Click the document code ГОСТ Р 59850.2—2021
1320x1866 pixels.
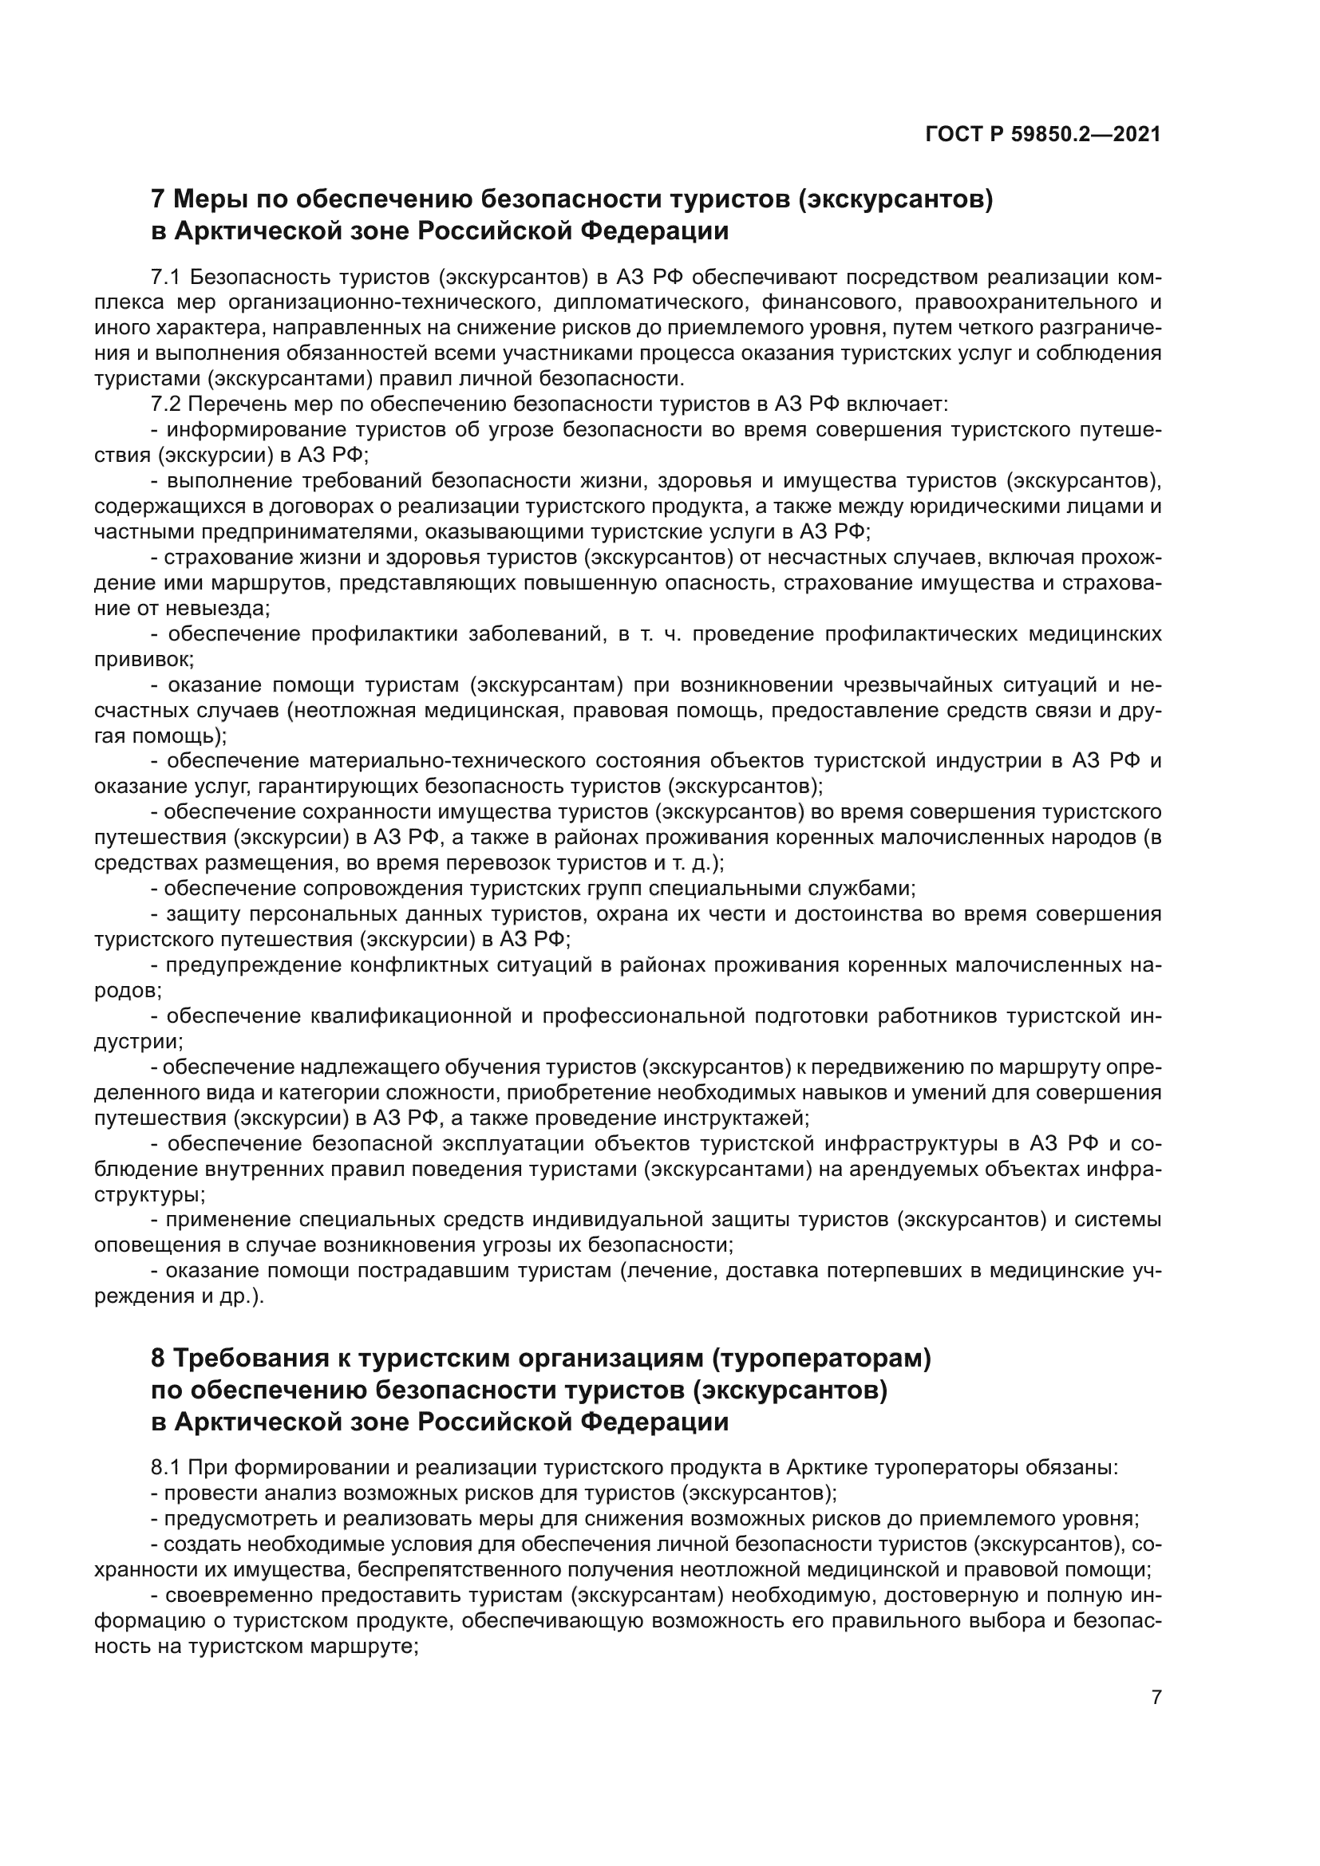(1043, 135)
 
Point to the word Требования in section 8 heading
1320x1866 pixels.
(252, 1358)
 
